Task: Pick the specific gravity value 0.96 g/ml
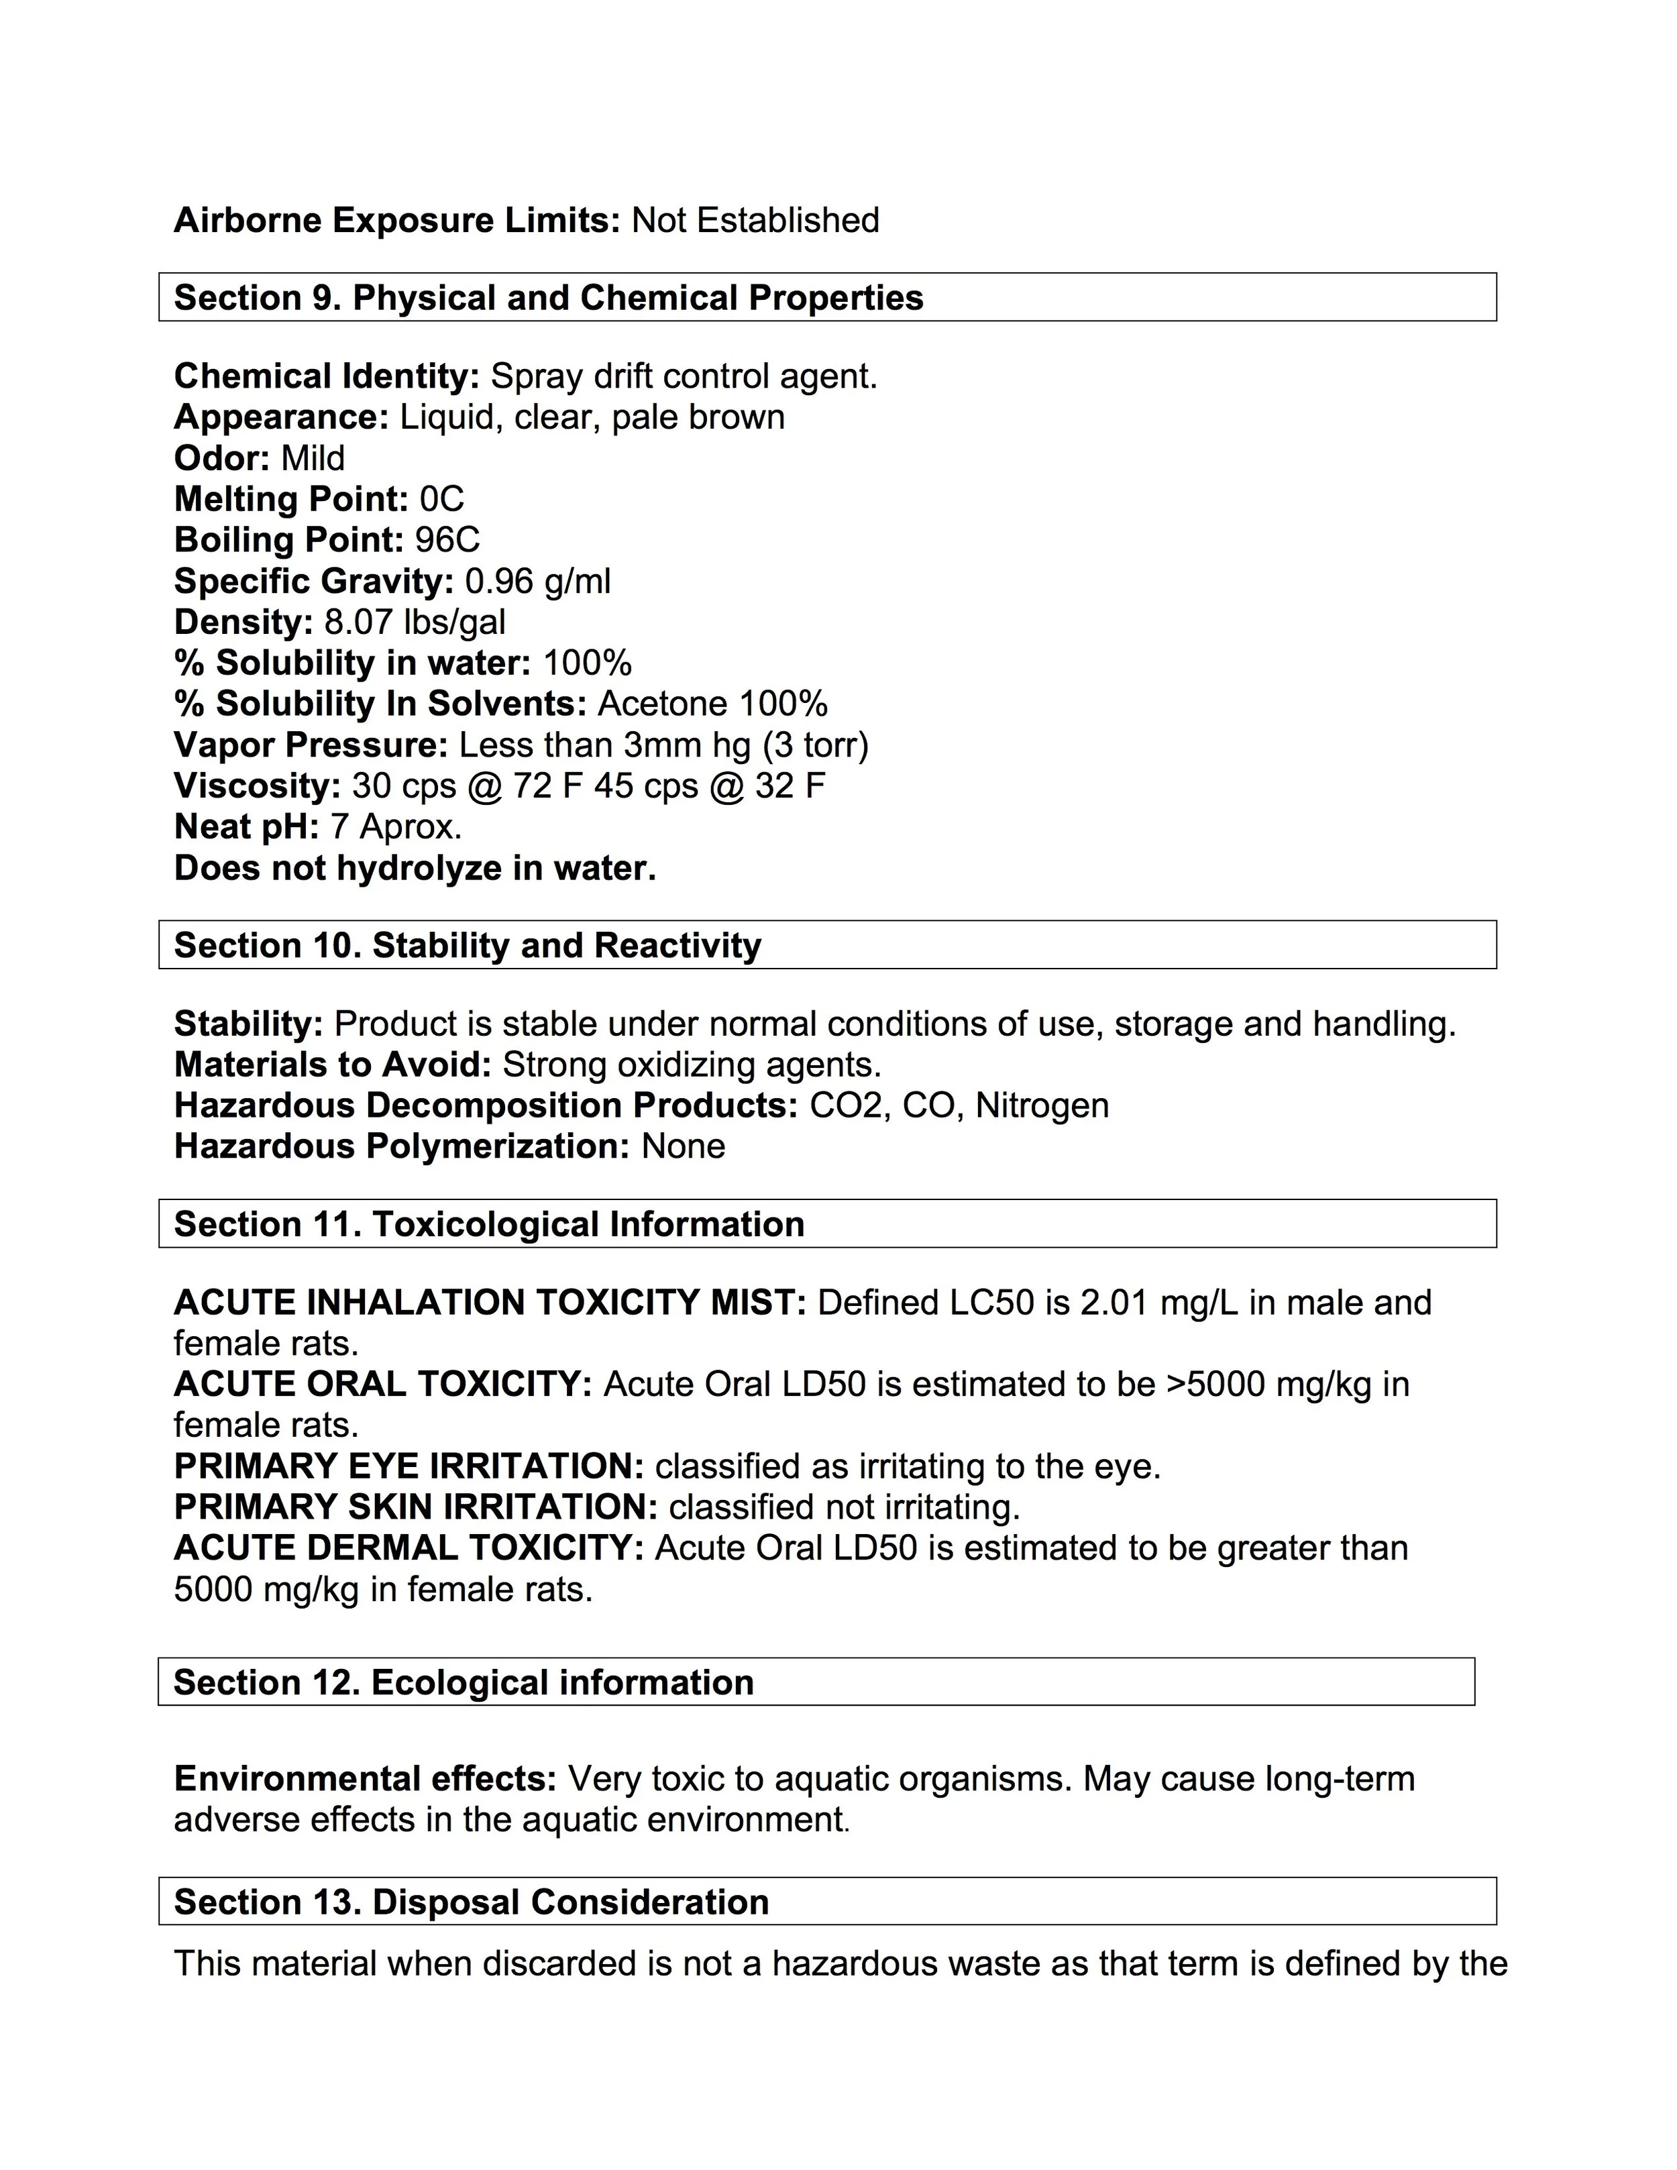(537, 580)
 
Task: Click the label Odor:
(221, 458)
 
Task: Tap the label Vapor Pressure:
(311, 745)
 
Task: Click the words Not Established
(755, 219)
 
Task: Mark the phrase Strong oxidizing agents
(692, 1065)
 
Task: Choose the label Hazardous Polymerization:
(401, 1146)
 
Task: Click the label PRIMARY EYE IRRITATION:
(409, 1466)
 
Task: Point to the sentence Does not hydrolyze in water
(415, 869)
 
